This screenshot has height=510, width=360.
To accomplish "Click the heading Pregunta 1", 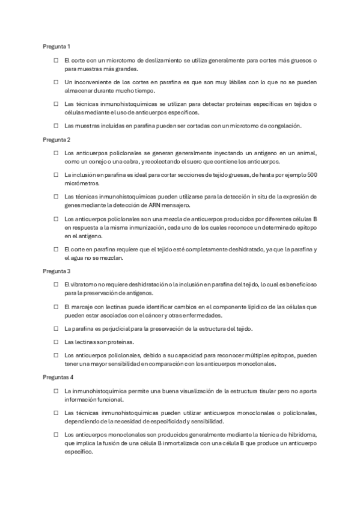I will (56, 46).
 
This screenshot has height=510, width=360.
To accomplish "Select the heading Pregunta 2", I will (57, 140).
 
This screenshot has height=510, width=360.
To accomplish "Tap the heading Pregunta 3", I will (57, 271).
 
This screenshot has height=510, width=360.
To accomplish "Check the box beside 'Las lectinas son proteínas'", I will (55, 342).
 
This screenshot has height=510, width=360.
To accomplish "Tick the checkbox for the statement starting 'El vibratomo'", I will (55, 284).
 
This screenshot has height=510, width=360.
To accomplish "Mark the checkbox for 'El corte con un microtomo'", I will (55, 61).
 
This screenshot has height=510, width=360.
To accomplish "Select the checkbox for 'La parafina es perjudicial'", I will (55, 329).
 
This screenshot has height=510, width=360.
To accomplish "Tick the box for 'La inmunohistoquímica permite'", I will (55, 391).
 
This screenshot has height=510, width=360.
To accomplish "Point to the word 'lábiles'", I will (234, 82).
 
